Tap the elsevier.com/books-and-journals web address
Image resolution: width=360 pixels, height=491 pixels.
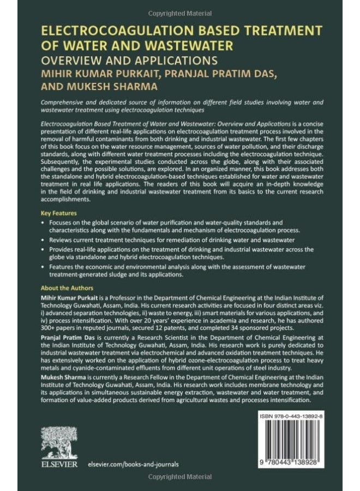pyautogui.click(x=133, y=464)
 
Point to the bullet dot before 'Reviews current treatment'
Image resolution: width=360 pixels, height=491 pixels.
pyautogui.click(x=43, y=239)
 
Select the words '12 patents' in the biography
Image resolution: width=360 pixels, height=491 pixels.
pyautogui.click(x=195, y=329)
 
